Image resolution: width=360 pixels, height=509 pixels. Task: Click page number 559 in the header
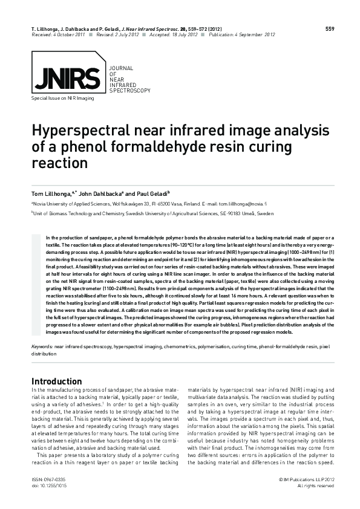pos(330,28)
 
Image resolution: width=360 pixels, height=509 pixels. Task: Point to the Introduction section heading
pos(56,381)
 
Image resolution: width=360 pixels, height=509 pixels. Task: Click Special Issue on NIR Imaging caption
pos(62,97)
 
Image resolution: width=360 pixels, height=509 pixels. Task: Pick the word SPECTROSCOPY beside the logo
pos(129,90)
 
